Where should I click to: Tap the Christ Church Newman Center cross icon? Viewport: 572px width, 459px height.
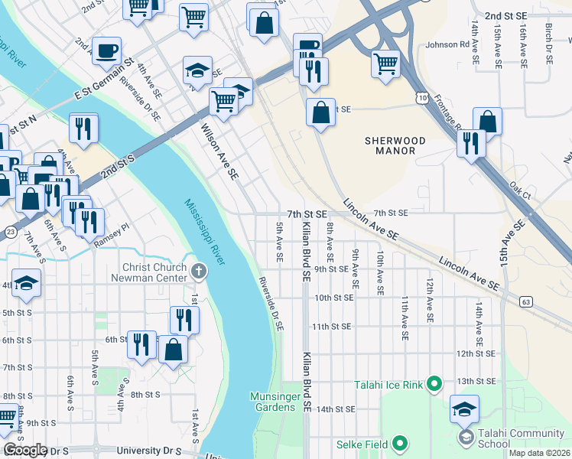(x=198, y=270)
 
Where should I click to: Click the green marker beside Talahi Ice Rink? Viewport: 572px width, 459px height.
(x=435, y=382)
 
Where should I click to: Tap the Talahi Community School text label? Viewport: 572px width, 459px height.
(x=514, y=438)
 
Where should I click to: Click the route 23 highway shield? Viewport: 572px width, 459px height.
(x=9, y=230)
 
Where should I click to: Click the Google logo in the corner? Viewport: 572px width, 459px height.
(x=25, y=450)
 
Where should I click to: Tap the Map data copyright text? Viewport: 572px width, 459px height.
(x=541, y=453)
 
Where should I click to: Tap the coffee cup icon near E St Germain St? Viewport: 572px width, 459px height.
(x=106, y=51)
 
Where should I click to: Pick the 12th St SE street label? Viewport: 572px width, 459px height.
(x=476, y=354)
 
